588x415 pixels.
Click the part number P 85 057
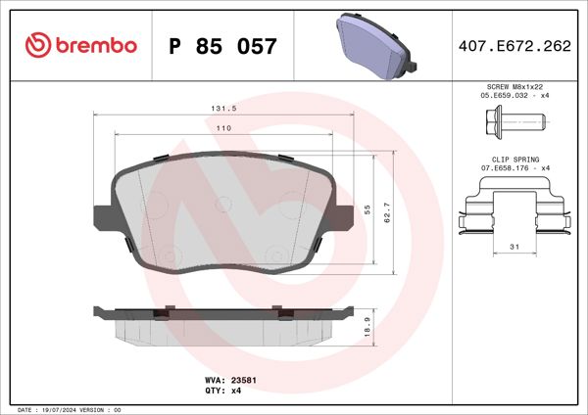pos(223,46)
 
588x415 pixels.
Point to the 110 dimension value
pos(224,129)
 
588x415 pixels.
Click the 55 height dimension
pos(367,209)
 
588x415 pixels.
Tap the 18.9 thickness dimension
pos(367,327)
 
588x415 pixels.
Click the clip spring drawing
pos(514,209)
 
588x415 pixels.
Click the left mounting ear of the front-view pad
pos(102,217)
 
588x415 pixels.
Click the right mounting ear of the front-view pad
pos(345,217)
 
